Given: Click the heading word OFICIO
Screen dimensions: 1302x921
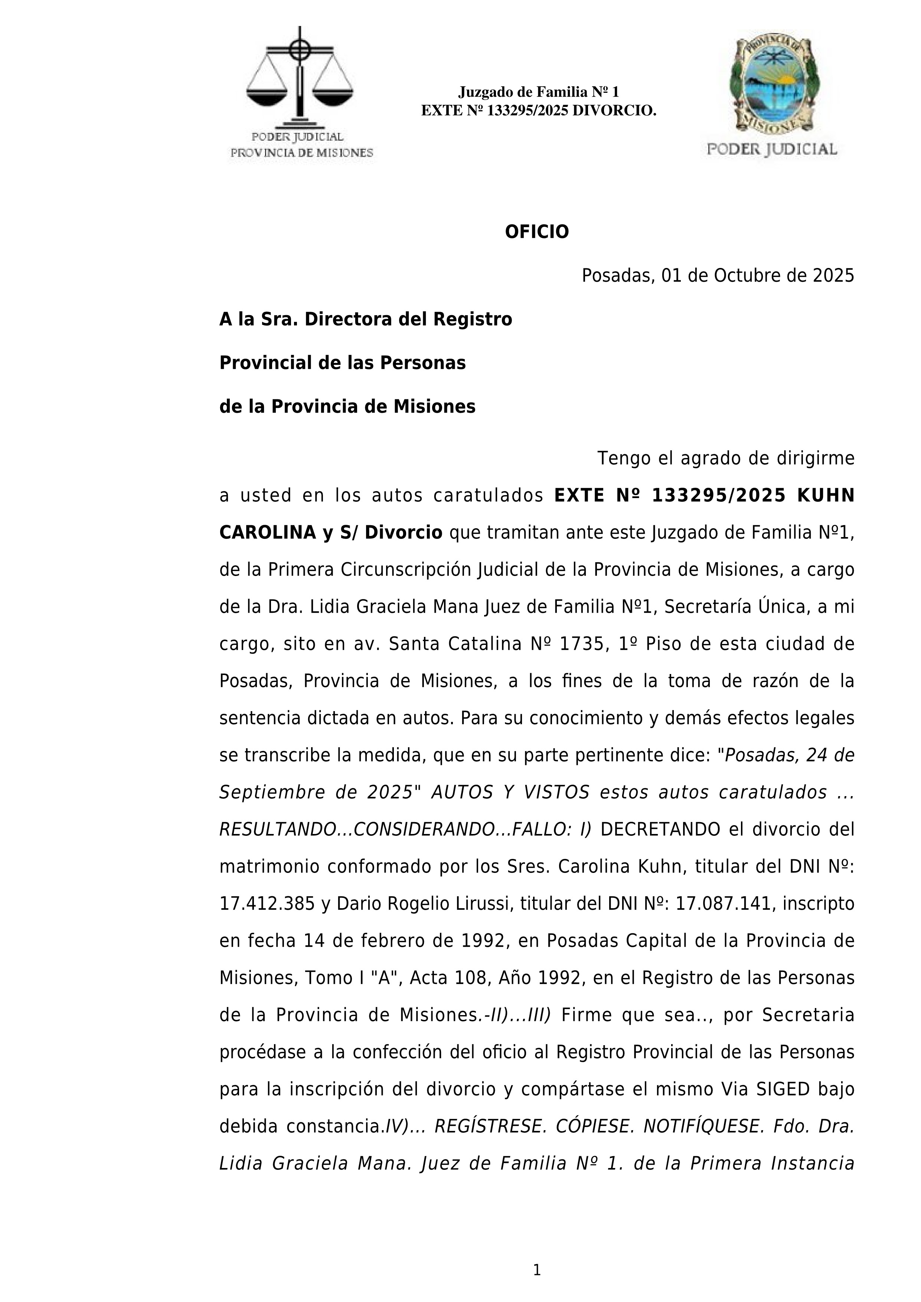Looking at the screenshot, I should [536, 232].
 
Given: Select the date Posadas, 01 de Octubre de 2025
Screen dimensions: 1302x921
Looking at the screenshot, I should [718, 276].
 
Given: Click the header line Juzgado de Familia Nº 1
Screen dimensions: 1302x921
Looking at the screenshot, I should [538, 92].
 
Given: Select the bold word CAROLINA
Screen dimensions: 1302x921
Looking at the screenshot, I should [268, 533].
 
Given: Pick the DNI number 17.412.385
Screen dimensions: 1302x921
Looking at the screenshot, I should [267, 904].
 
